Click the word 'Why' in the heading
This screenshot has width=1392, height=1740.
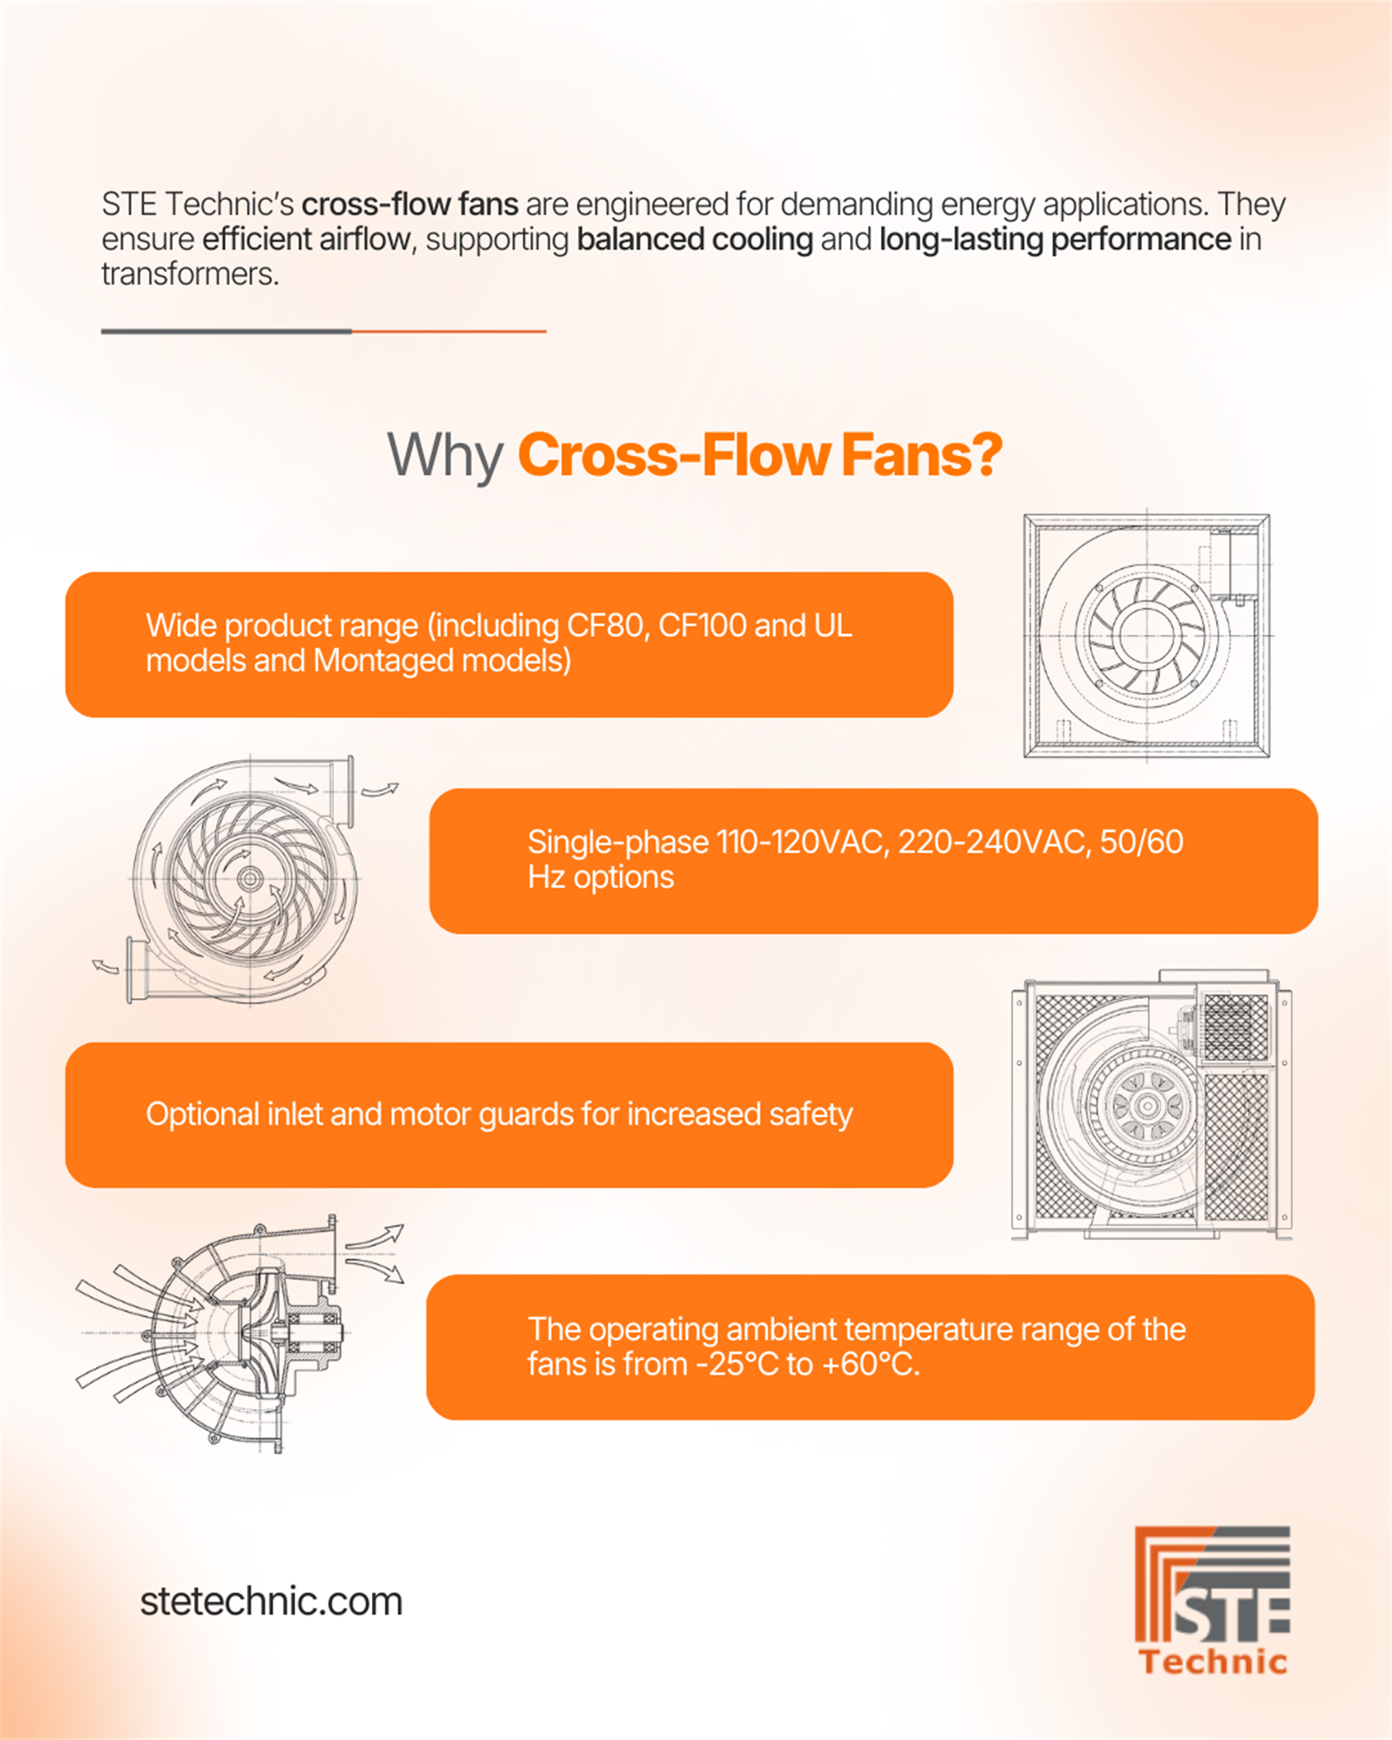tap(445, 456)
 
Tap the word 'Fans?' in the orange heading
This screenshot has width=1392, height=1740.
tap(921, 456)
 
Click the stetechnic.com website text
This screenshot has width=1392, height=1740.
tap(271, 1602)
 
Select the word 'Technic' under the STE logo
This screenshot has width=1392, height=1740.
tap(1212, 1662)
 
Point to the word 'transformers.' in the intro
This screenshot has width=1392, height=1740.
tap(189, 274)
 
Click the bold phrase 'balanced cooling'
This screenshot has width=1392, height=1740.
tap(694, 239)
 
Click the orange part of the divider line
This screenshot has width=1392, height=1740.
tap(449, 331)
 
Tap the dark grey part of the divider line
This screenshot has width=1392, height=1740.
tap(226, 331)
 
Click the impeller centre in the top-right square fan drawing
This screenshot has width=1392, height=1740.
tap(1146, 634)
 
